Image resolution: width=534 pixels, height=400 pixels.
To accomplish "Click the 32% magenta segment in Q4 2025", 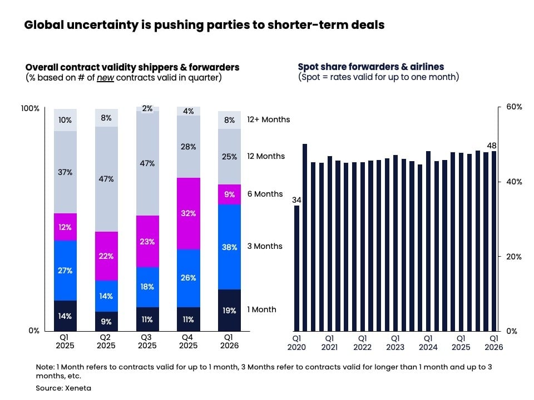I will (188, 213).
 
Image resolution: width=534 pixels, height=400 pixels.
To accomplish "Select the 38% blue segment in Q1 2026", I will (229, 247).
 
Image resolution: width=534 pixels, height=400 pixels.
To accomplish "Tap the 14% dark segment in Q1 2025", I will (65, 316).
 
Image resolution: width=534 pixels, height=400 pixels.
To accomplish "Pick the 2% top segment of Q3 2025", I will (147, 109).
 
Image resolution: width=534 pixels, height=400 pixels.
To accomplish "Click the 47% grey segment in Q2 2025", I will (106, 179).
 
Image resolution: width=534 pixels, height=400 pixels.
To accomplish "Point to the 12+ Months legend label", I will (268, 119).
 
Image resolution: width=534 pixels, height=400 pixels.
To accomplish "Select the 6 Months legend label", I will (265, 194).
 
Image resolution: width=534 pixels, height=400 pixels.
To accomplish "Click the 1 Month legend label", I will (261, 309).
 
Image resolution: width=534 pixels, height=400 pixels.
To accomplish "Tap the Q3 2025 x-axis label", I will (147, 342).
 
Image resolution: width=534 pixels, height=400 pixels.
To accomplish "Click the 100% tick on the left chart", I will (30, 108).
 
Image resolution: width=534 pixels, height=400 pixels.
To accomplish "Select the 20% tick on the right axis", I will (513, 257).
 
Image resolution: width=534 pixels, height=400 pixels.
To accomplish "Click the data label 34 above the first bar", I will (296, 200).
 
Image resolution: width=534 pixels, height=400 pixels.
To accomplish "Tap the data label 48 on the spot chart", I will (491, 146).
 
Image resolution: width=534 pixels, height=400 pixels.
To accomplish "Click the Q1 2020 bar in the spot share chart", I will (297, 268).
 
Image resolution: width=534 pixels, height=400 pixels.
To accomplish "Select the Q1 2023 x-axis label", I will (395, 342).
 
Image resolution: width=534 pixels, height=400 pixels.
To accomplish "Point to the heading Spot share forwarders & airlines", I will (371, 67).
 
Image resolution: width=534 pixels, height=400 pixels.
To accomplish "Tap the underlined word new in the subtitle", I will (105, 78).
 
